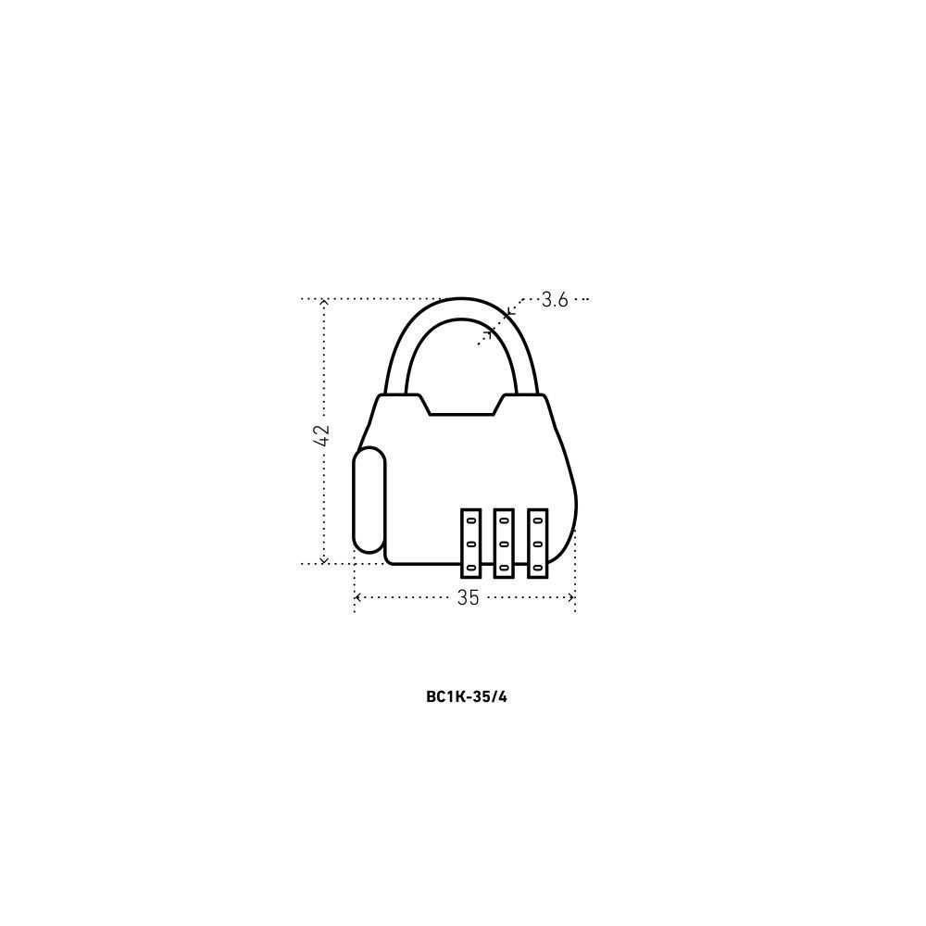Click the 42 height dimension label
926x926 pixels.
pos(322,435)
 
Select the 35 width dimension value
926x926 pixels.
pos(468,598)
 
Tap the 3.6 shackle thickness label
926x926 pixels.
pos(555,300)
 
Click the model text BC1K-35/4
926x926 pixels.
pos(467,697)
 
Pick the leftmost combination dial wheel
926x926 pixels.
pos(470,544)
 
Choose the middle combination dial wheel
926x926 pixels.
pos(504,544)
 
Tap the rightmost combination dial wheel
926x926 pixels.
pos(537,544)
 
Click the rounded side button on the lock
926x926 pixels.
pos(369,500)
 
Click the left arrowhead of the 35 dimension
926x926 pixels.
pos(357,597)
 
